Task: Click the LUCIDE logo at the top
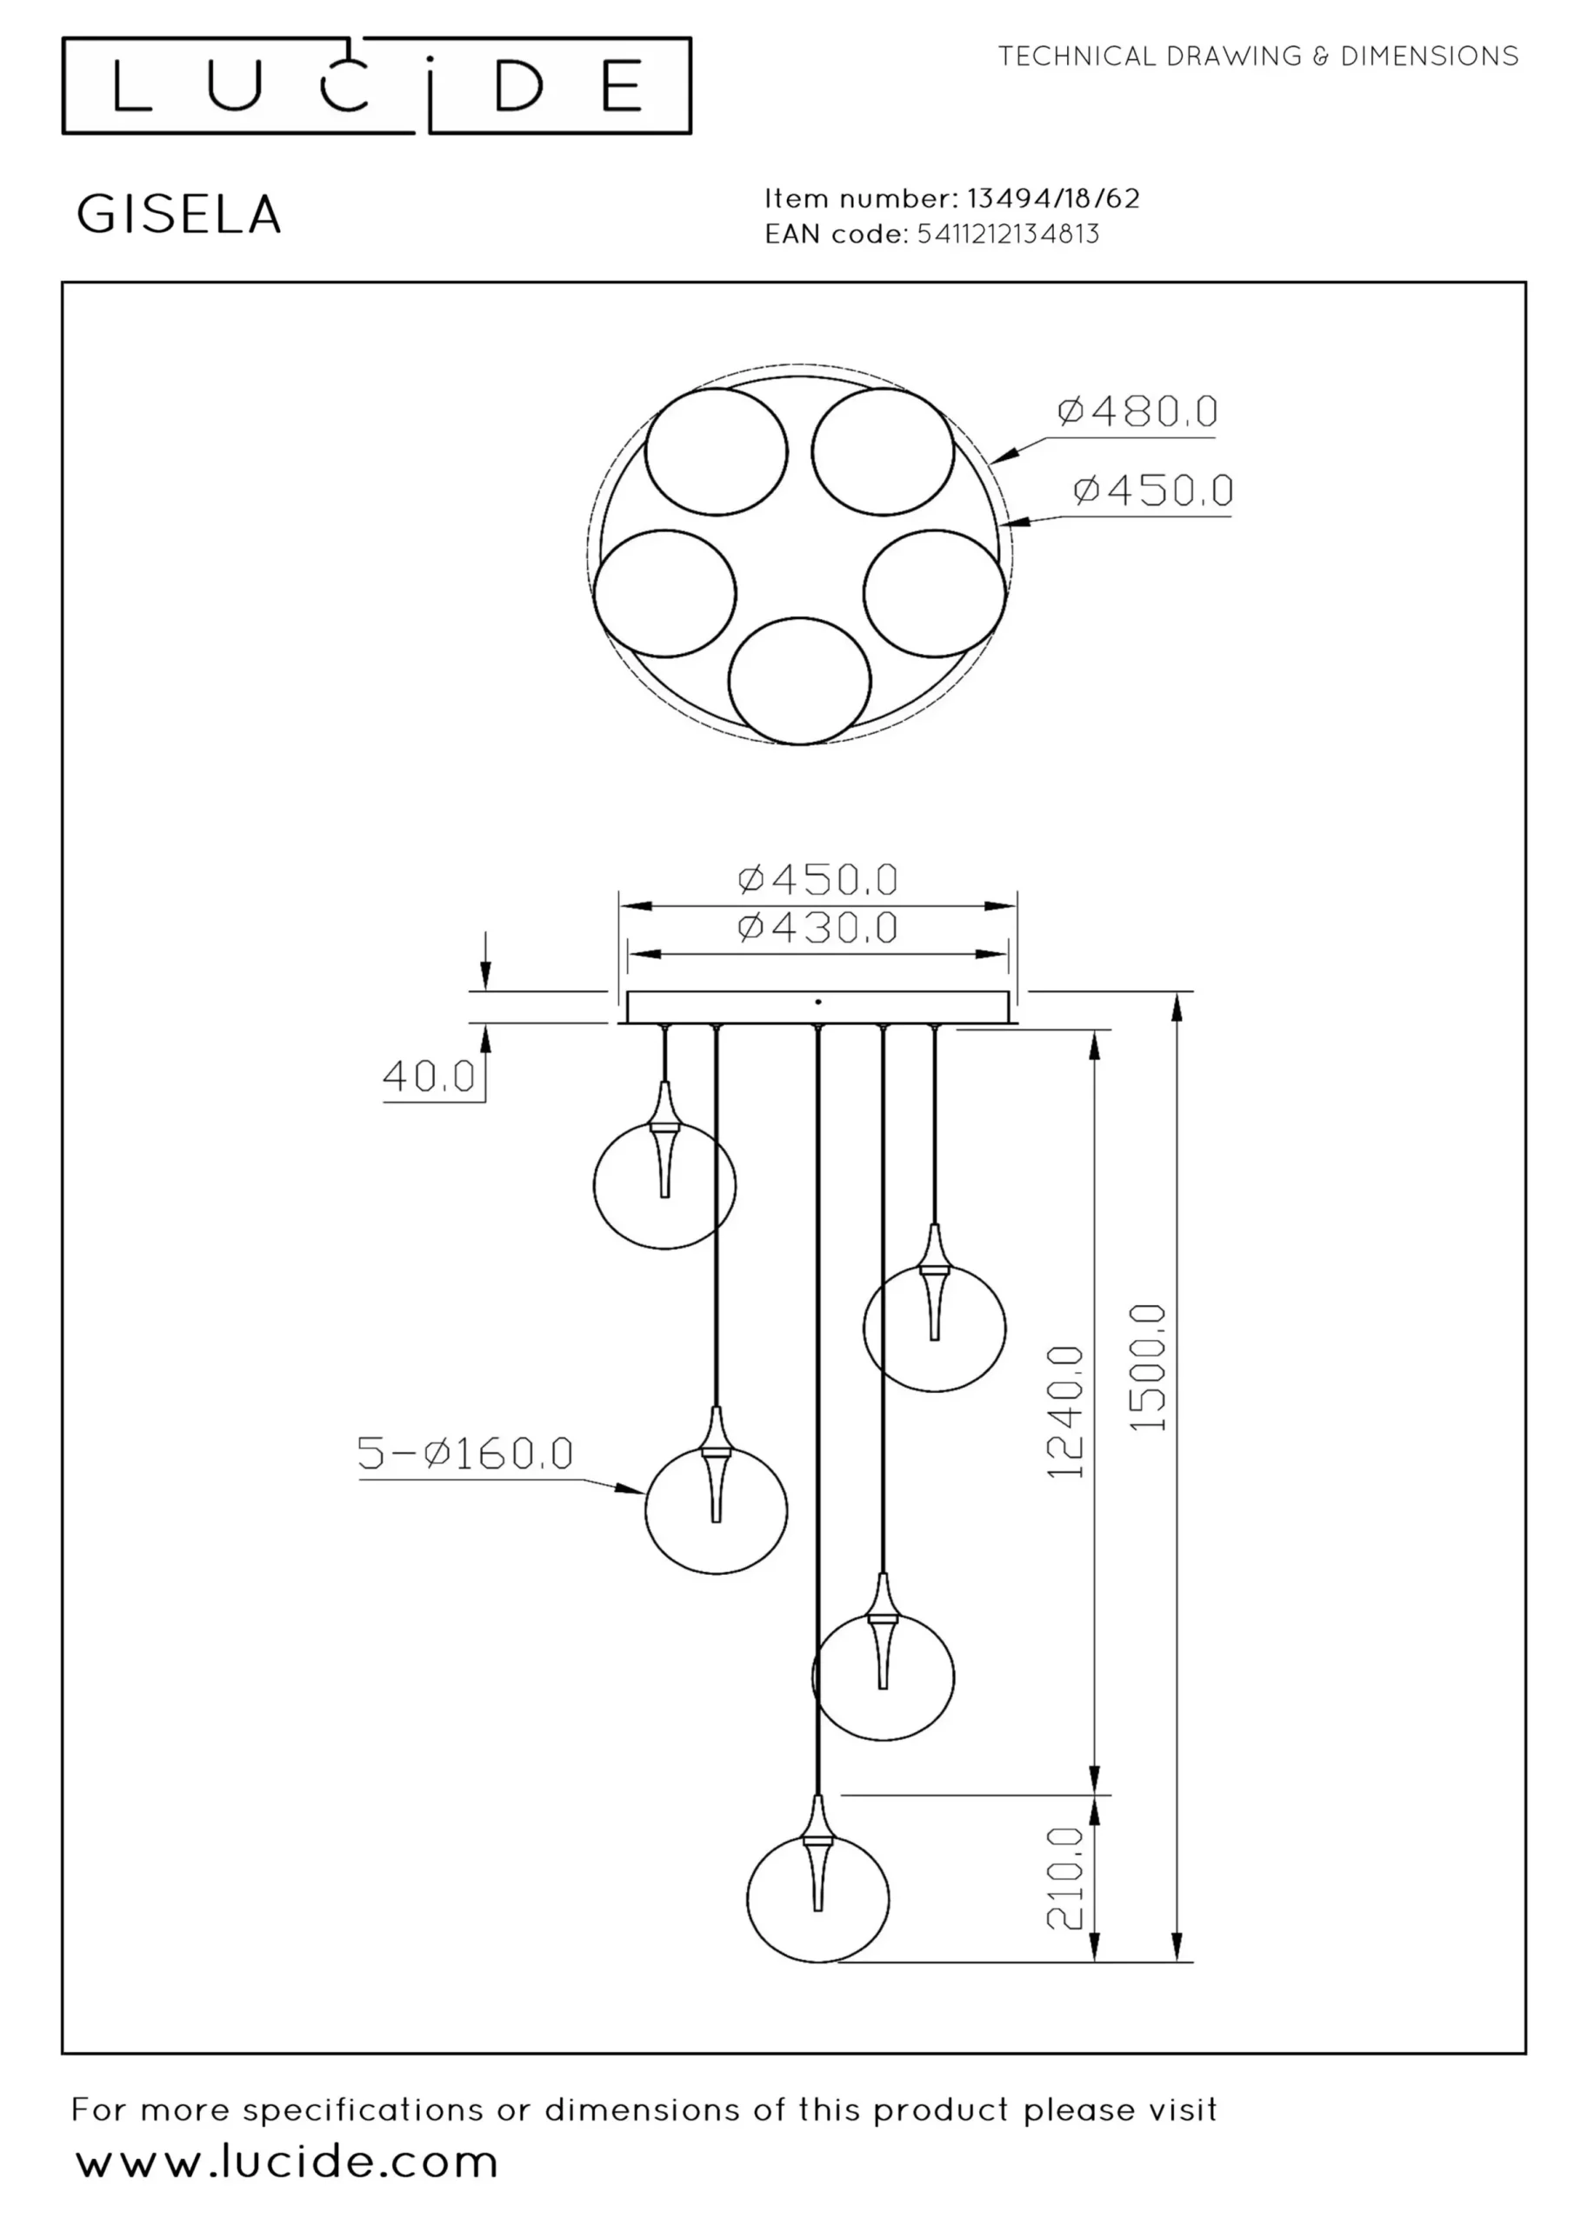(x=377, y=85)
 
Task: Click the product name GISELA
(x=178, y=214)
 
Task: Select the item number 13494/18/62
(x=1053, y=199)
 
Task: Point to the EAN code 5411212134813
(x=1009, y=234)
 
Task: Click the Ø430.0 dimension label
(x=817, y=928)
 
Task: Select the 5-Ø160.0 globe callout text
(x=465, y=1452)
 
